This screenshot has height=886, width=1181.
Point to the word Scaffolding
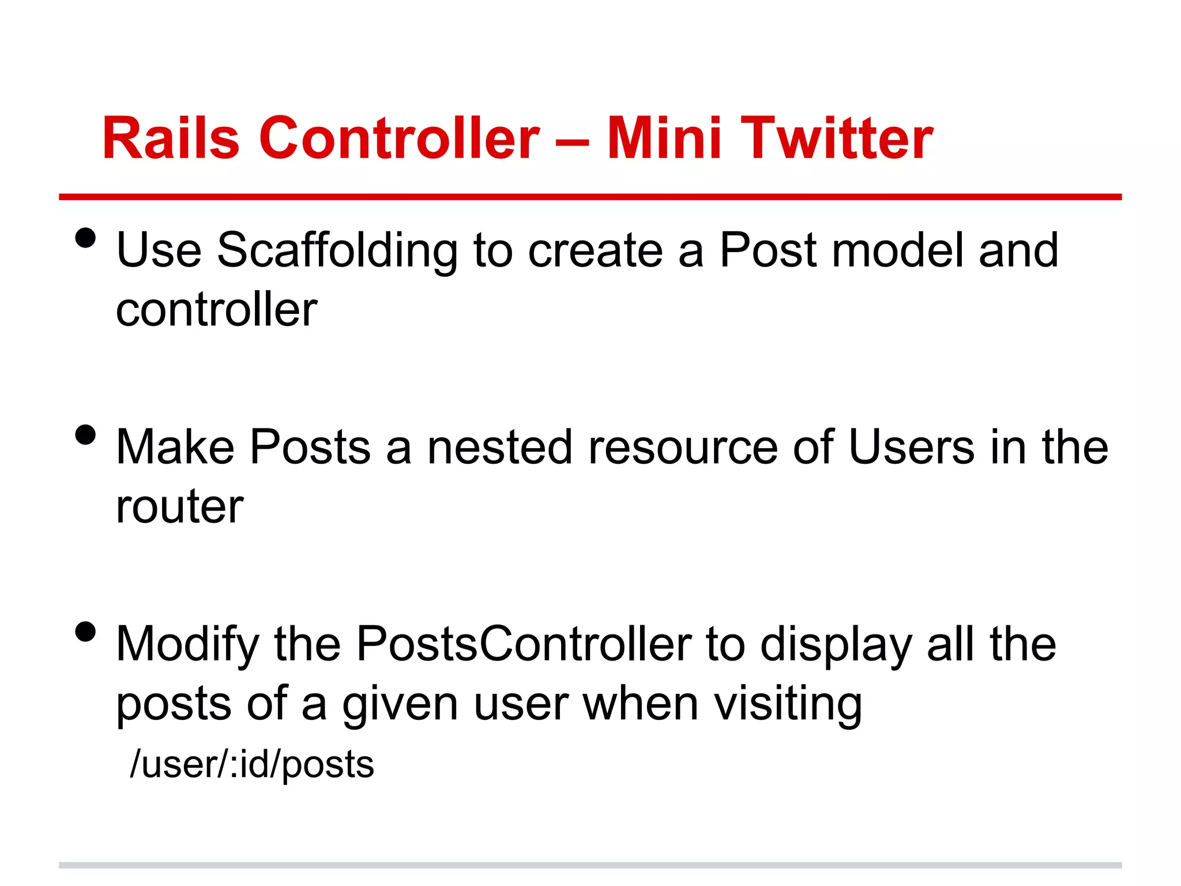click(337, 251)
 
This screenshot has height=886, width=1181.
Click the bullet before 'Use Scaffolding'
click(85, 238)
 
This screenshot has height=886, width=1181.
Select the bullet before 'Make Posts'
click(85, 435)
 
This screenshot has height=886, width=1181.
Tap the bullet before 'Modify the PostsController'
click(85, 632)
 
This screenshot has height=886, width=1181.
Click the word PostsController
click(524, 644)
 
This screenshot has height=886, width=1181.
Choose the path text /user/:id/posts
click(252, 764)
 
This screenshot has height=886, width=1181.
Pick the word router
click(179, 507)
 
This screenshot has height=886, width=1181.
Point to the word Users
click(912, 448)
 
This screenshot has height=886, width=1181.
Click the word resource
click(683, 448)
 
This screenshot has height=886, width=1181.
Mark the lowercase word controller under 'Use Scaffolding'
click(216, 310)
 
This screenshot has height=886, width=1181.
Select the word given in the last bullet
click(400, 705)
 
